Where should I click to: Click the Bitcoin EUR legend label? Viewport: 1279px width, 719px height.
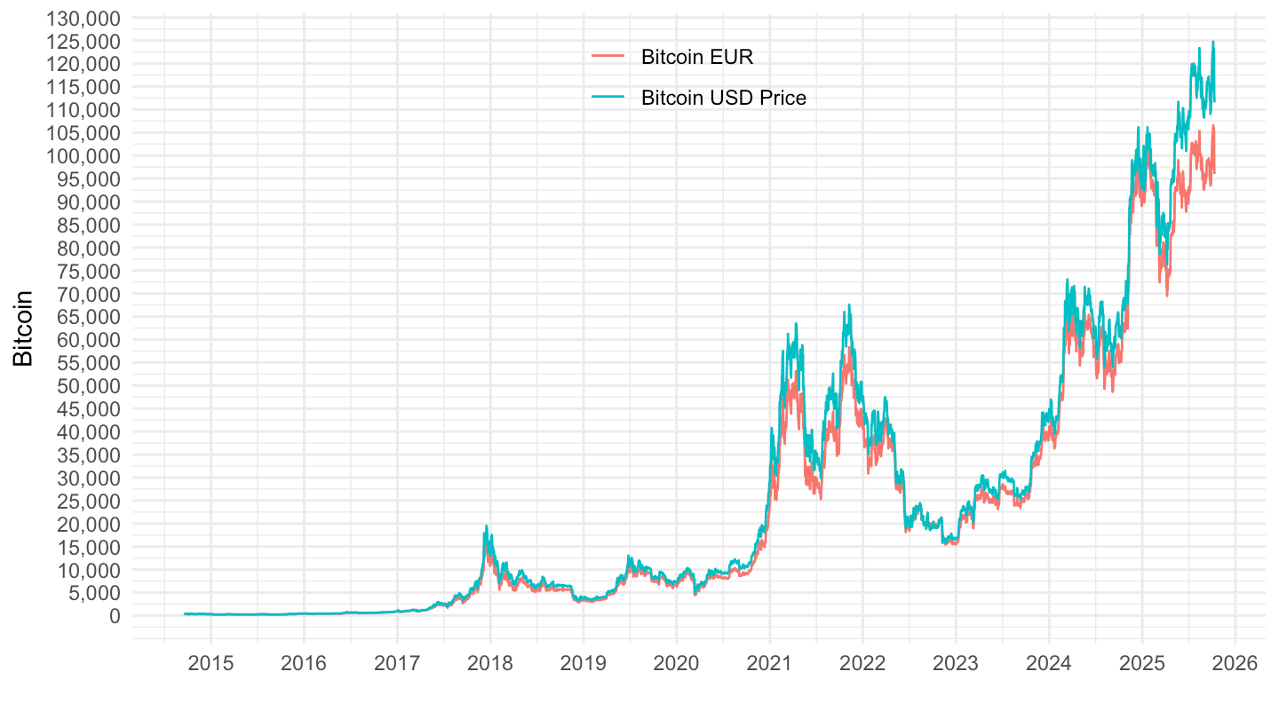click(x=697, y=58)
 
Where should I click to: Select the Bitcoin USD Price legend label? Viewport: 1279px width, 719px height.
click(x=723, y=98)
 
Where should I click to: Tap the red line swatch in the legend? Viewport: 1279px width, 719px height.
click(x=608, y=58)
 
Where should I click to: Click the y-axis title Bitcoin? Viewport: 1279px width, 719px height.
click(x=23, y=328)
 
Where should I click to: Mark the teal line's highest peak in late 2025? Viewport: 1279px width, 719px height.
click(x=1213, y=42)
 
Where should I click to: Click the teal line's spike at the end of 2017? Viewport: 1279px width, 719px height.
click(x=487, y=526)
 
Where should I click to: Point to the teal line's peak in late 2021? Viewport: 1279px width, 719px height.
click(x=849, y=305)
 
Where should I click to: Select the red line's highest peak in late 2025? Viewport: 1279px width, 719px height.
click(x=1213, y=126)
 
